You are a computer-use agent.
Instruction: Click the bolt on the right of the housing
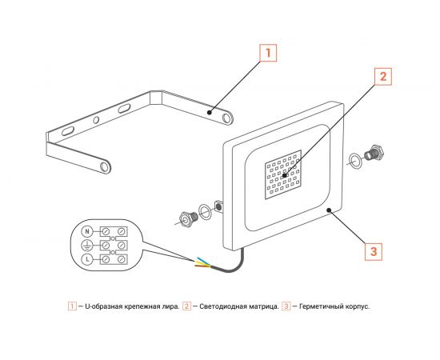[x=372, y=154]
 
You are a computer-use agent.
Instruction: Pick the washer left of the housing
[x=206, y=210]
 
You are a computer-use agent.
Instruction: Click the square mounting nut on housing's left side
[x=218, y=206]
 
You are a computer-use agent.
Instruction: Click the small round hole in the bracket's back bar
[x=97, y=120]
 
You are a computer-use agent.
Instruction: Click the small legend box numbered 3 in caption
[x=286, y=306]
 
